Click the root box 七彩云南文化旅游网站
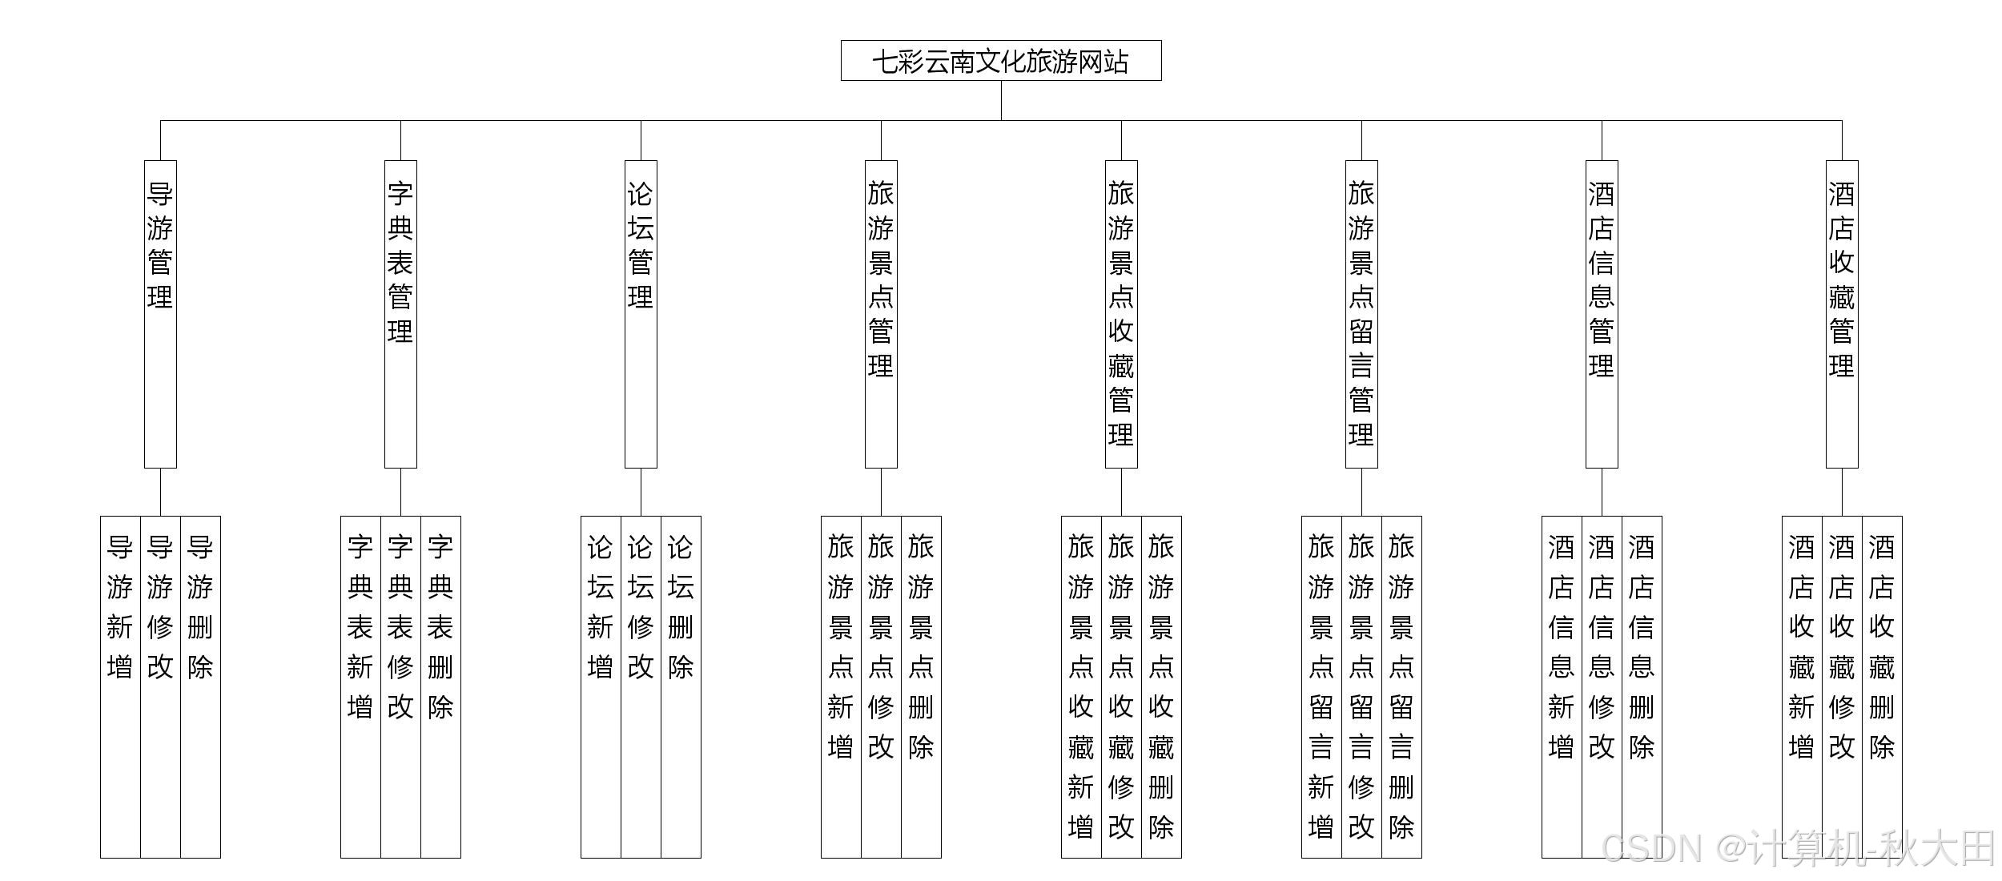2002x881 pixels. point(1001,61)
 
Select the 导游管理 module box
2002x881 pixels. point(160,314)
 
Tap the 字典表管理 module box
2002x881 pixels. point(400,314)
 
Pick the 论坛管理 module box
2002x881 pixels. point(641,314)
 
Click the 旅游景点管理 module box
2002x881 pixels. point(881,314)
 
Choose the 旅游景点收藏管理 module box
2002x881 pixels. point(1121,314)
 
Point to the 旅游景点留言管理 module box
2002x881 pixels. point(1361,314)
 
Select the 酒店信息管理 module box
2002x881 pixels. point(1602,314)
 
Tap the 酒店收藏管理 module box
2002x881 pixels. point(1842,314)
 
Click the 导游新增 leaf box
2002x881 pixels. point(120,686)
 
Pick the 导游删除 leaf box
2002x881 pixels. point(200,686)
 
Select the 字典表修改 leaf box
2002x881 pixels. point(400,686)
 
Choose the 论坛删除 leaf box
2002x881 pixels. point(681,686)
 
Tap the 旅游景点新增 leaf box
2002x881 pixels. point(841,686)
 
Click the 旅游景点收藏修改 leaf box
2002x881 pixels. point(1121,686)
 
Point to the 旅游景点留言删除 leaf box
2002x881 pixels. point(1401,686)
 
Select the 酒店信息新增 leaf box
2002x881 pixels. point(1562,686)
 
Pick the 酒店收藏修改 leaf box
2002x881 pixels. point(1842,686)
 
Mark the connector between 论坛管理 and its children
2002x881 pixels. point(641,492)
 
